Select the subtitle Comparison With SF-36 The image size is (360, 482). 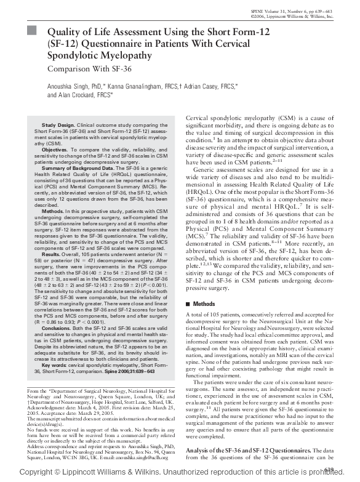pyautogui.click(x=89, y=70)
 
